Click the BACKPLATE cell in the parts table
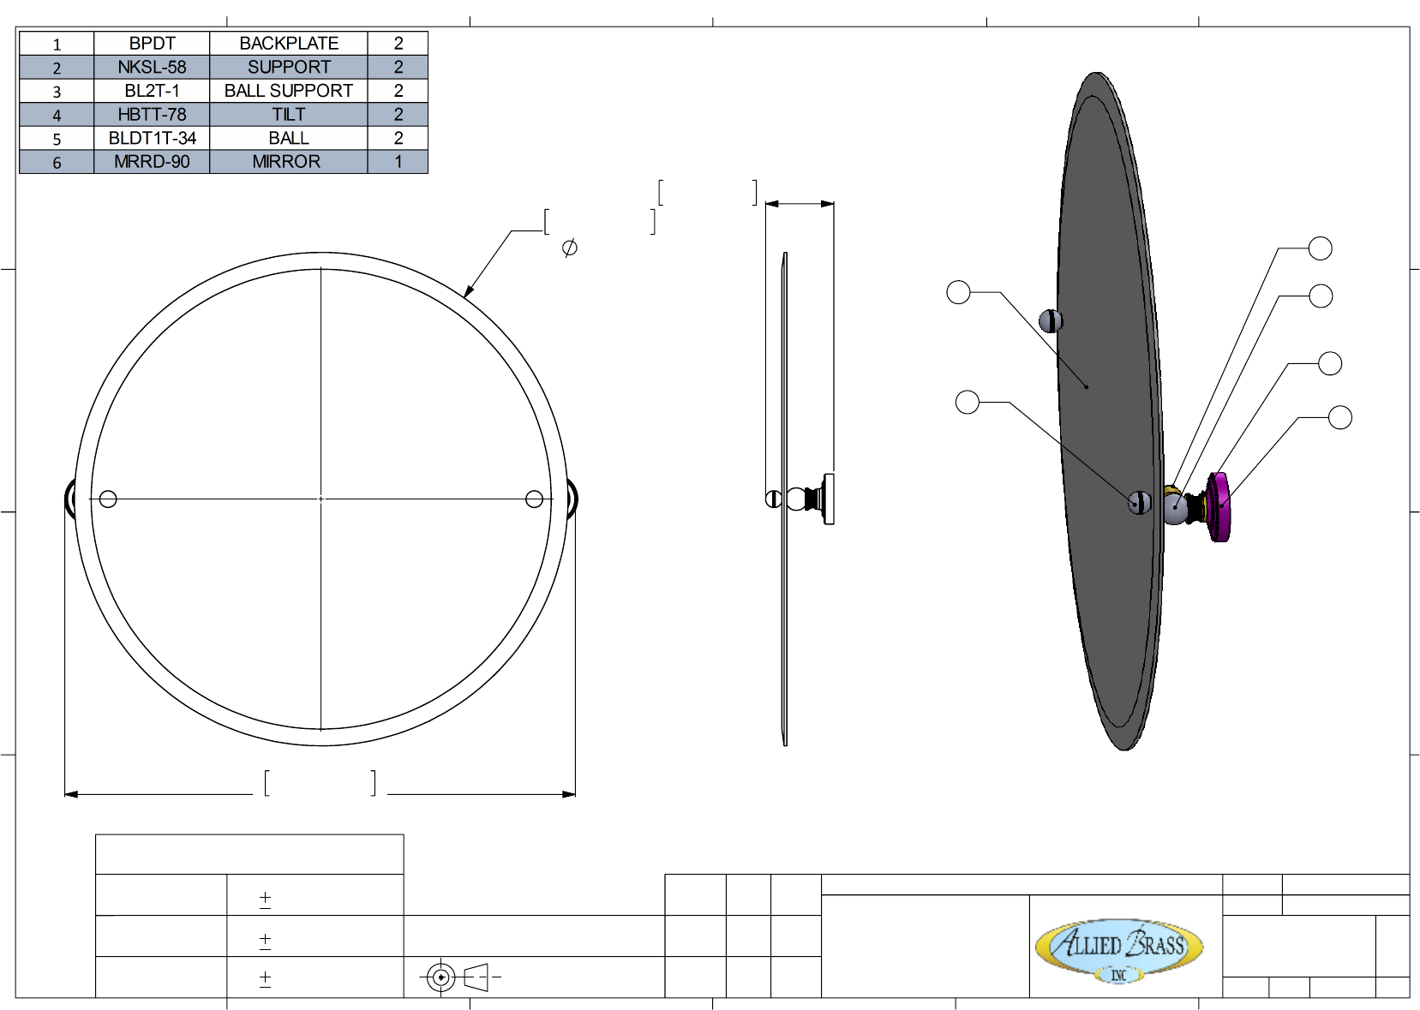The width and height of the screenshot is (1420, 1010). coord(289,43)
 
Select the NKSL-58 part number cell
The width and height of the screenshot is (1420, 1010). coord(152,67)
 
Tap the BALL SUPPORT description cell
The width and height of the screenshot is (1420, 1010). coord(289,91)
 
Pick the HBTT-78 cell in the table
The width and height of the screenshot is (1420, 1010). coord(152,114)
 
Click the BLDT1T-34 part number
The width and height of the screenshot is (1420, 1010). coord(152,138)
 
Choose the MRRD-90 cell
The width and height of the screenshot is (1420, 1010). coord(152,162)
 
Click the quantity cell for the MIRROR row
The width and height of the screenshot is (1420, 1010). coord(398,162)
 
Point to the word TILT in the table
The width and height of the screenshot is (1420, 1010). coord(289,115)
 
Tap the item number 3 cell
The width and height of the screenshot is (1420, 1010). coord(57,91)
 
